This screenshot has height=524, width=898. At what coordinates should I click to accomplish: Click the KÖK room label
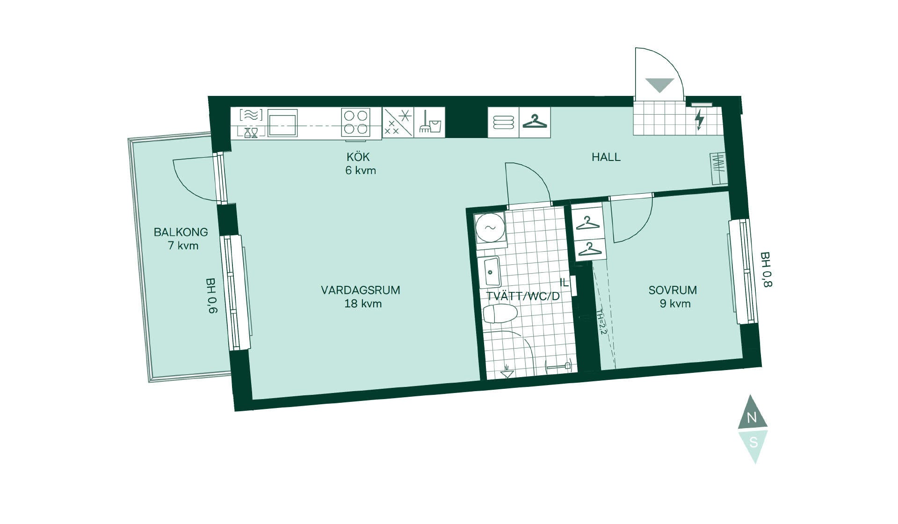click(x=358, y=157)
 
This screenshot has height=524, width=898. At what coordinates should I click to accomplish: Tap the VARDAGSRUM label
click(x=361, y=290)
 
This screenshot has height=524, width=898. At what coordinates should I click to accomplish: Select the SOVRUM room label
click(x=673, y=290)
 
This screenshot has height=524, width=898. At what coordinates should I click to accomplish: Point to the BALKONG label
click(x=181, y=232)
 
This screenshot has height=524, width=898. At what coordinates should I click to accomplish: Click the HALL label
click(x=606, y=157)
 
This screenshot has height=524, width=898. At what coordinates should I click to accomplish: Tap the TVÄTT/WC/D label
click(x=523, y=296)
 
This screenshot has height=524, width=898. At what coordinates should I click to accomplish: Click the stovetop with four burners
click(x=355, y=122)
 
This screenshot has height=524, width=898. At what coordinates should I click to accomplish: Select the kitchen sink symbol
click(x=282, y=123)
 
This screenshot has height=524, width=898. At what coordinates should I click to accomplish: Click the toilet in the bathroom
click(x=500, y=314)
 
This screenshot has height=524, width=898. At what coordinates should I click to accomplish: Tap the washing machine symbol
click(x=490, y=228)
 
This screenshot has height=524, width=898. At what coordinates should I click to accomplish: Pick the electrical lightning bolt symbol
click(x=699, y=120)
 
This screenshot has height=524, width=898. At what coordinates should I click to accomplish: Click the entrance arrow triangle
click(x=659, y=85)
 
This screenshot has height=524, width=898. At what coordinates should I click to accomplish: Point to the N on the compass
click(x=752, y=418)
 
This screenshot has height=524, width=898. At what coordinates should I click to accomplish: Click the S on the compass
click(x=753, y=442)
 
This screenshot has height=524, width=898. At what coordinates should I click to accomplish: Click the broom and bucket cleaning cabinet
click(x=430, y=122)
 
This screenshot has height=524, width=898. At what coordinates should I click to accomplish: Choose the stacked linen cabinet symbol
click(x=503, y=122)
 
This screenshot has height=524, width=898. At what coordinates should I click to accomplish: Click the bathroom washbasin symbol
click(x=492, y=271)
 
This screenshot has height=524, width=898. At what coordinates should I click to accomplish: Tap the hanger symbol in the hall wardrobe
click(x=535, y=121)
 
